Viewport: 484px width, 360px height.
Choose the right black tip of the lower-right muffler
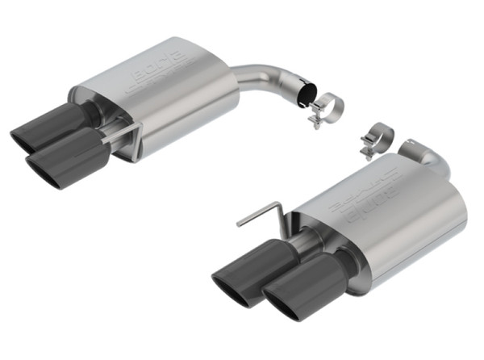pos(311,291)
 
